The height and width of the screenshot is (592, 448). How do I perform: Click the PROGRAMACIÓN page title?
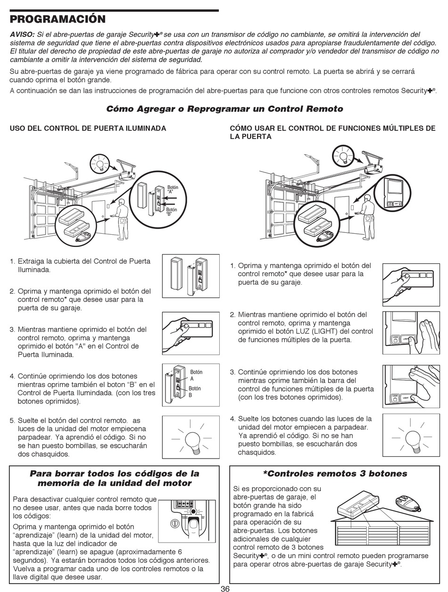point(58,19)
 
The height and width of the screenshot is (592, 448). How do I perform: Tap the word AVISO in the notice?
point(22,35)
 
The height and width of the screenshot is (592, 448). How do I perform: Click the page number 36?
point(224,588)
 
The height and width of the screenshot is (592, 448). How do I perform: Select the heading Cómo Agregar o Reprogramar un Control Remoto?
point(224,109)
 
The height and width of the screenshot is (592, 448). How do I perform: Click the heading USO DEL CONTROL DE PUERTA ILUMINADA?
point(88,128)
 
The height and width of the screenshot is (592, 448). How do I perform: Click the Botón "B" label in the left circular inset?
point(171,212)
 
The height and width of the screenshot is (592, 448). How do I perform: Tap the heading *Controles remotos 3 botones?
point(335,473)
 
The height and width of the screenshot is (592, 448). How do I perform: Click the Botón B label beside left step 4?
point(195,392)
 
